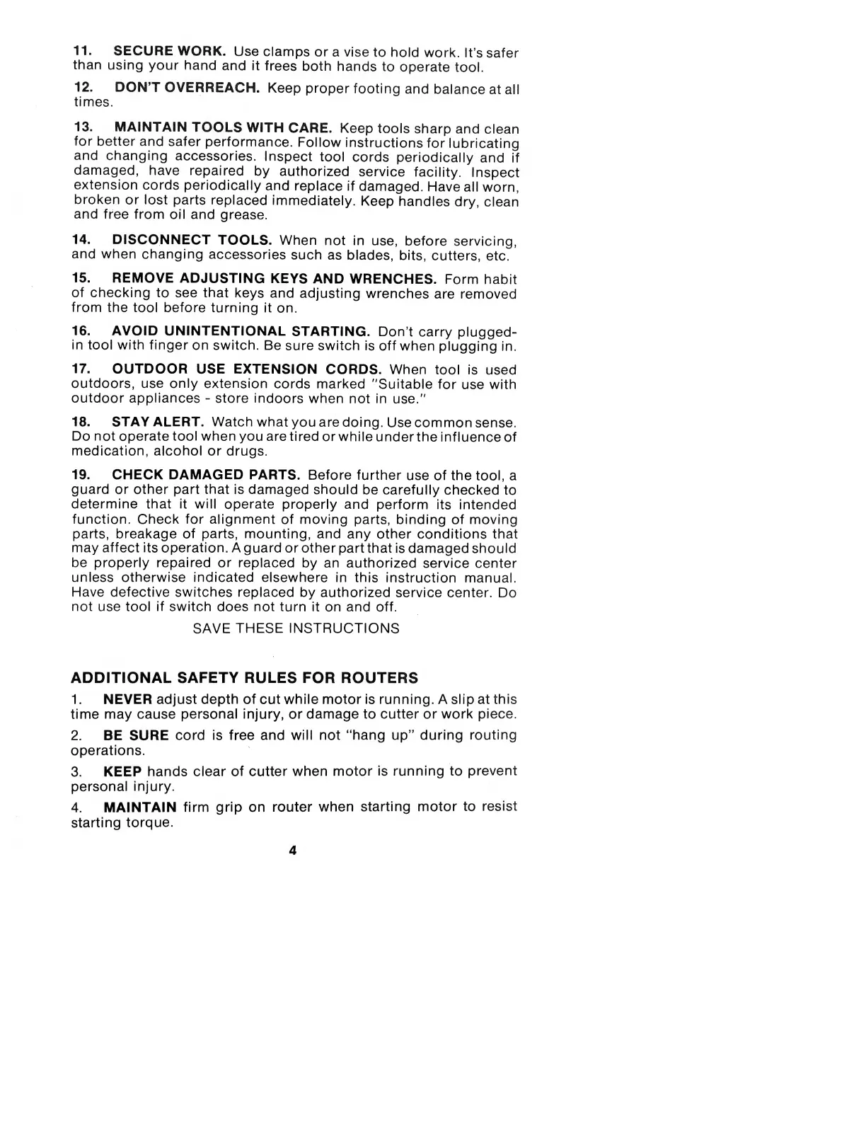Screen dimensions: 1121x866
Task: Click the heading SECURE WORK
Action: click(169, 52)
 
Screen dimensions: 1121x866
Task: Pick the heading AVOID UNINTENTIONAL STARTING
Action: click(241, 331)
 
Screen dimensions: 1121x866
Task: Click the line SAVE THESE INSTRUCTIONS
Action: click(296, 628)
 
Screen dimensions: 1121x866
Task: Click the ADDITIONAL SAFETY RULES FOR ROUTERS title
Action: click(245, 678)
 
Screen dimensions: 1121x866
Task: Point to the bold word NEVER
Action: click(128, 699)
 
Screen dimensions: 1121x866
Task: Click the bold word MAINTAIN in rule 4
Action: click(140, 807)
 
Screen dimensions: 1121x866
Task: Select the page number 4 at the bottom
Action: click(292, 851)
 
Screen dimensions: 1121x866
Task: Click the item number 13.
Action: click(83, 128)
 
